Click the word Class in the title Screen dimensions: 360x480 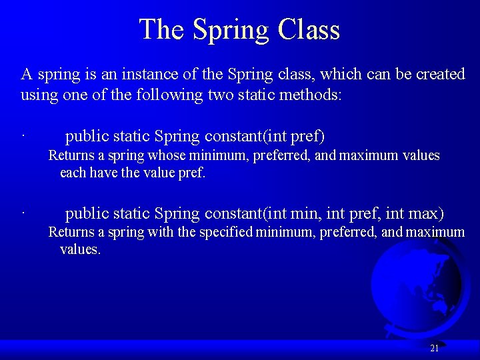(x=309, y=30)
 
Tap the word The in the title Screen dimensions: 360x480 (x=162, y=30)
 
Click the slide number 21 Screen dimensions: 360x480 (x=434, y=348)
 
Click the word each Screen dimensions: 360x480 (x=72, y=173)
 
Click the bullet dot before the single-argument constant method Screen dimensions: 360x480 (x=22, y=138)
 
